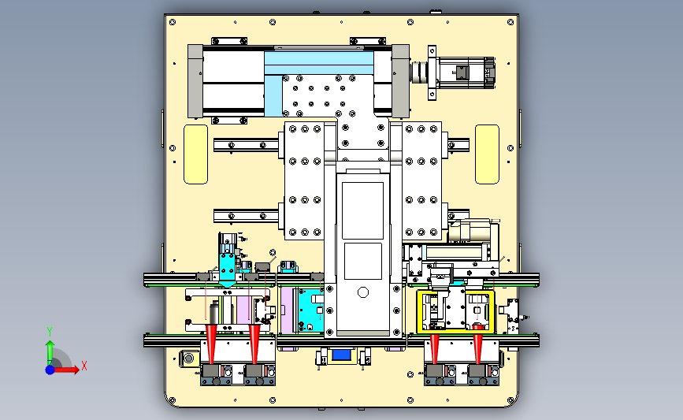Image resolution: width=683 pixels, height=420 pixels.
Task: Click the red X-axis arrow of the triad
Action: point(65,370)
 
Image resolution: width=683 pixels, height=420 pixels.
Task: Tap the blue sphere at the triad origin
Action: point(50,370)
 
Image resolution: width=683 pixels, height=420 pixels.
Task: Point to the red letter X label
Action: point(84,366)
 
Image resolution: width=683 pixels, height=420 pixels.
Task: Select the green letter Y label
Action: point(50,333)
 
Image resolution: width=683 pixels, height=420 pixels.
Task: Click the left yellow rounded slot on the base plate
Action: point(195,154)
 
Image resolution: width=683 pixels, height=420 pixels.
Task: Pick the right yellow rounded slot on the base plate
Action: point(487,154)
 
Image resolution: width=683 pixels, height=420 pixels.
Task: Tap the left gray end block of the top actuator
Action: point(195,81)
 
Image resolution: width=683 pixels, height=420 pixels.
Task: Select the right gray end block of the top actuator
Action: point(400,81)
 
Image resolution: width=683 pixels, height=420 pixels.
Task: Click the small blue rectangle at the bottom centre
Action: point(341,355)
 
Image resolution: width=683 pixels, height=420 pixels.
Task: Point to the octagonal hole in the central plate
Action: point(363,292)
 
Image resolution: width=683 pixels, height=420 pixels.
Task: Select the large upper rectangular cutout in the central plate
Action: point(362,210)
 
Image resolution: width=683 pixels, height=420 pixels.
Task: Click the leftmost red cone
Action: point(211,344)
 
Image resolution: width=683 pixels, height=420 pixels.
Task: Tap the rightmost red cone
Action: point(478,348)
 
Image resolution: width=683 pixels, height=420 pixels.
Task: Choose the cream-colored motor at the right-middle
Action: point(473,231)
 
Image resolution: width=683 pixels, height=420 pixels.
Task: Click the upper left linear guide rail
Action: point(246,145)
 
